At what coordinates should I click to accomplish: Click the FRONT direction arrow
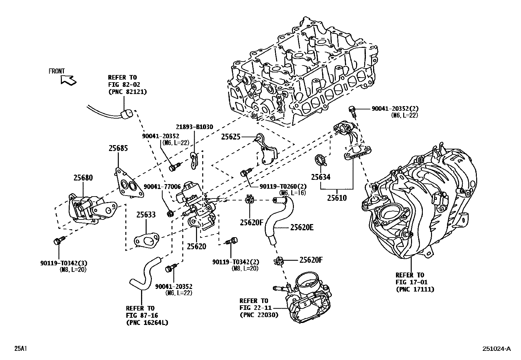tap(68, 80)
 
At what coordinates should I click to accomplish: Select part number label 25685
tap(118, 148)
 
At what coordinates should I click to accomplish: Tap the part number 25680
tap(83, 178)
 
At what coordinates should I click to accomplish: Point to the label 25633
tap(146, 215)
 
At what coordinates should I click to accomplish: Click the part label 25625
tap(231, 137)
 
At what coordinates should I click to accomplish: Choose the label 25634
tap(321, 177)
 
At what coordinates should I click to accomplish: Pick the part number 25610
tap(337, 198)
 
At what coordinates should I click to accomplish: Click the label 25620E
tap(302, 227)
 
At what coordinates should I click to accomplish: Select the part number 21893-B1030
tap(194, 127)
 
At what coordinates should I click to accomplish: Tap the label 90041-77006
tap(162, 186)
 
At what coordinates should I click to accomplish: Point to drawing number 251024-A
tap(496, 349)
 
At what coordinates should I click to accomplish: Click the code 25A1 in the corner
tap(21, 349)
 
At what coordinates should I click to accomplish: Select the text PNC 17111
tap(415, 290)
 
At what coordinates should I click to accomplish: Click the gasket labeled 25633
tap(147, 240)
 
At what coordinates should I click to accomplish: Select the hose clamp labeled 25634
tap(321, 160)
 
